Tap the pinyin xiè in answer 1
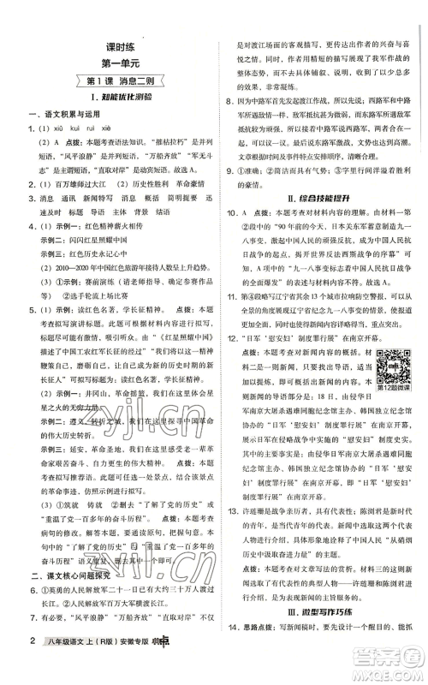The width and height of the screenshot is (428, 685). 113,131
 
